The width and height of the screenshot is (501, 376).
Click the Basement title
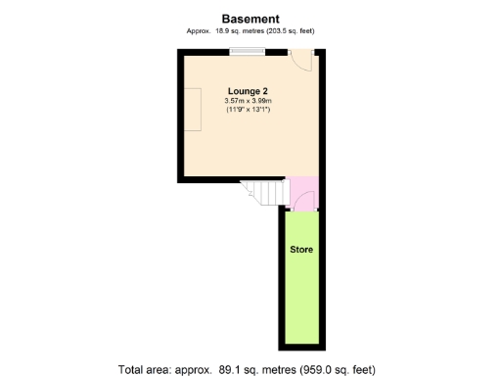250,18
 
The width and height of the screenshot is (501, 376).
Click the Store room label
301,250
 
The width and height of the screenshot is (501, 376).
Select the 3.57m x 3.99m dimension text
248,101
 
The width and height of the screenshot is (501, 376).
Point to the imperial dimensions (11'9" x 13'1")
248,110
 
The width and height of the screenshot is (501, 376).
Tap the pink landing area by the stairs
303,188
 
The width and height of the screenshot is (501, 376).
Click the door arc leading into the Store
304,204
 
